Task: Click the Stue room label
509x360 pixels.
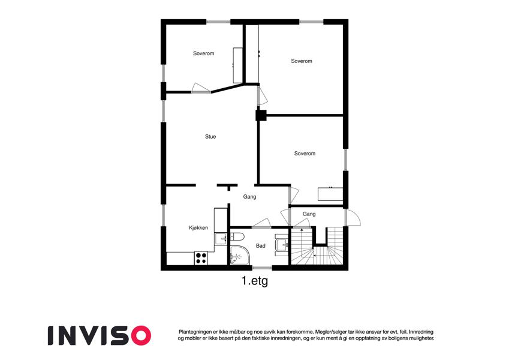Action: (210, 136)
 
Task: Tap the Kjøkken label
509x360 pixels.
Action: (198, 228)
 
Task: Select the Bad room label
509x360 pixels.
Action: (261, 246)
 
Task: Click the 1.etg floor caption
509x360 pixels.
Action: (255, 280)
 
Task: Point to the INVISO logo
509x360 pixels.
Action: (100, 335)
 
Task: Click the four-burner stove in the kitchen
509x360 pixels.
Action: (201, 258)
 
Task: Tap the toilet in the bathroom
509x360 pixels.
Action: (237, 236)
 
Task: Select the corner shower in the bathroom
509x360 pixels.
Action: (240, 256)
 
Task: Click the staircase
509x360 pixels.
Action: (317, 246)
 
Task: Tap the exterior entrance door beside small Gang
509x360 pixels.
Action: (352, 217)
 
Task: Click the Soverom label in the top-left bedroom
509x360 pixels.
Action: (203, 53)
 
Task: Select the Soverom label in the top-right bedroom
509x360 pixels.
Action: (302, 61)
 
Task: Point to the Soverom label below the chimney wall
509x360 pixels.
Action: (305, 154)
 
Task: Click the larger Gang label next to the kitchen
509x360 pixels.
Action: (249, 197)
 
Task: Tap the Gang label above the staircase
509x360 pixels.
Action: (309, 214)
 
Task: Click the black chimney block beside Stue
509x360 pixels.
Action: (261, 115)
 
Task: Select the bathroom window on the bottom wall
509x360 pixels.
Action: (262, 268)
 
